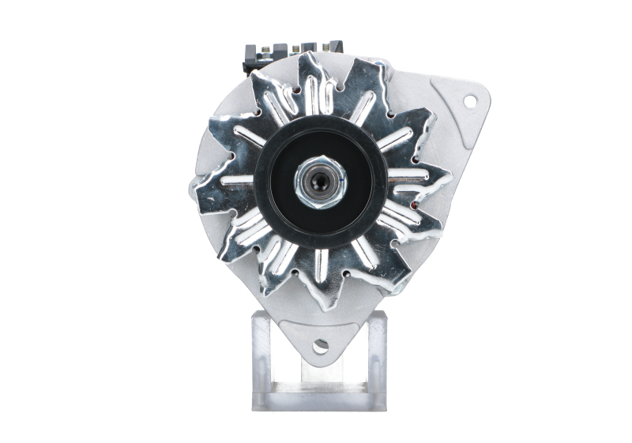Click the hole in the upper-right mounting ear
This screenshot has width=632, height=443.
(470, 100)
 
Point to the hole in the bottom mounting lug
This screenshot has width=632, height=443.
(320, 345)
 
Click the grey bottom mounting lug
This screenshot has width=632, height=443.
(320, 336)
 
